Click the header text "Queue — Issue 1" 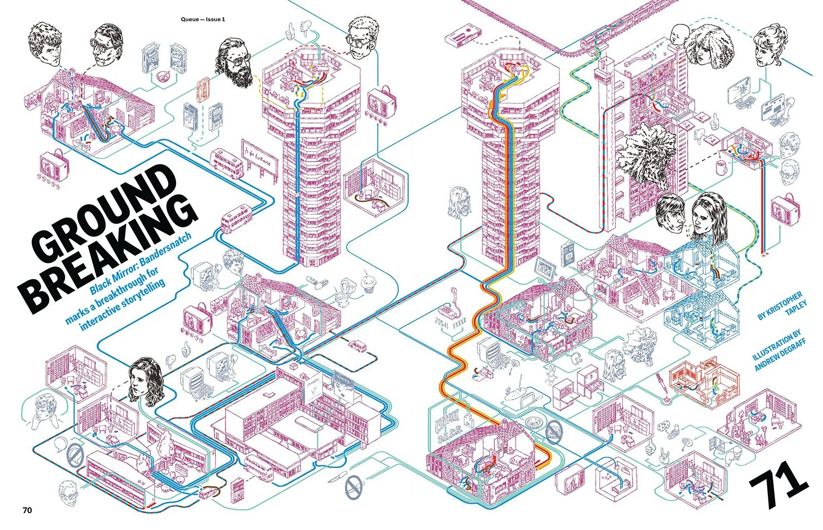202,20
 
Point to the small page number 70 27,510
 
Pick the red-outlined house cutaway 703,378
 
